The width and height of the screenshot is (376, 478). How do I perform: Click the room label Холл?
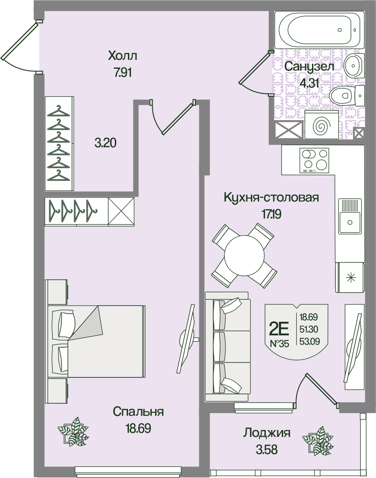pyautogui.click(x=123, y=56)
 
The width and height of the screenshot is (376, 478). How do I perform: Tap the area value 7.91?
pyautogui.click(x=123, y=73)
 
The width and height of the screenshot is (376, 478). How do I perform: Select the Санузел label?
pyautogui.click(x=309, y=66)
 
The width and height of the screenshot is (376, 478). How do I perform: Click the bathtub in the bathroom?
pyautogui.click(x=319, y=30)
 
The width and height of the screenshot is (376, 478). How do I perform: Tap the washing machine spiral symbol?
pyautogui.click(x=321, y=126)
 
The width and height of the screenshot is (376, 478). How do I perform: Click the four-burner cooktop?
pyautogui.click(x=314, y=160)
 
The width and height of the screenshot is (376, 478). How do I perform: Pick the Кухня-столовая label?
pyautogui.click(x=271, y=197)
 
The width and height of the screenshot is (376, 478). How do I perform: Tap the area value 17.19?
pyautogui.click(x=272, y=214)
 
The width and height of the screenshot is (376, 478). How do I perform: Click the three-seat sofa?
pyautogui.click(x=228, y=346)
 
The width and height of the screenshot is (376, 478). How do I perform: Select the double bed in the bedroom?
pyautogui.click(x=96, y=341)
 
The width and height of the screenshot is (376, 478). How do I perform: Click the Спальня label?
pyautogui.click(x=138, y=411)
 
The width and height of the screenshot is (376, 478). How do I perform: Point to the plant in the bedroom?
pyautogui.click(x=73, y=431)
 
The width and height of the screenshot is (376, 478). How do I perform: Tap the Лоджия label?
pyautogui.click(x=267, y=433)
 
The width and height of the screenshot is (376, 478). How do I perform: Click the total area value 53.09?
pyautogui.click(x=309, y=341)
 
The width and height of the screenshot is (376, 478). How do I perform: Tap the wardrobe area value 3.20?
pyautogui.click(x=106, y=143)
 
